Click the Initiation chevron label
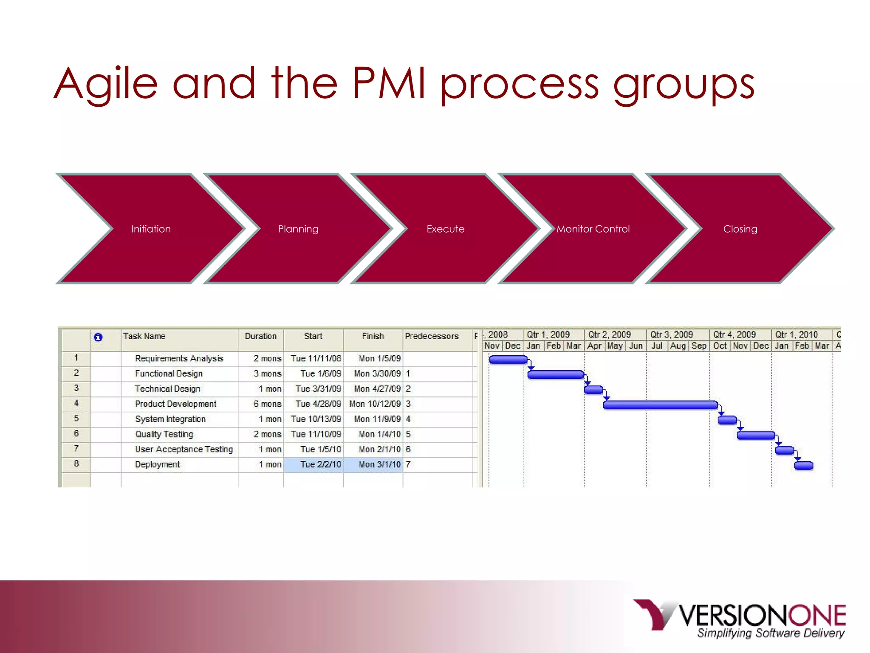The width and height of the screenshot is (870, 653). pos(151,229)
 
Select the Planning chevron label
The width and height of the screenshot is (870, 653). pos(298,229)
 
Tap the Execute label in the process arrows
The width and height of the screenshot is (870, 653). pos(445,229)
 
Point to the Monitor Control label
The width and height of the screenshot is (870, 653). pos(593,229)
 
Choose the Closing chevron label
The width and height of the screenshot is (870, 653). pos(740,229)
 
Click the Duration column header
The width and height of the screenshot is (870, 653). pos(260,336)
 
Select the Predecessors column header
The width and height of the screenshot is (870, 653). pos(432,336)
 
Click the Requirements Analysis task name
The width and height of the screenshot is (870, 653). pos(179,358)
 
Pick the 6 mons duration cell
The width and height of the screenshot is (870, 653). pos(267,404)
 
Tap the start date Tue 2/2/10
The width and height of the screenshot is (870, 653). pos(320,464)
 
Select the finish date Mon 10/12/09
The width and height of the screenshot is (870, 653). pos(375,404)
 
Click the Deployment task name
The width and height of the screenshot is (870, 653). pos(157,464)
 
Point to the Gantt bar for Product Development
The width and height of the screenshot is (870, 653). pos(660,405)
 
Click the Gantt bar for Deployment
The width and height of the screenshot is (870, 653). pos(803,466)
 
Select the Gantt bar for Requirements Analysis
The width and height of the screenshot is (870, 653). pos(508,360)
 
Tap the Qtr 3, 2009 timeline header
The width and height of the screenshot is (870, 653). pos(671,335)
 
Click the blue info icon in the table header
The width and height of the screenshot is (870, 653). pos(98,337)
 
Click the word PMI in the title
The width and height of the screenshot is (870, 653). pos(388,83)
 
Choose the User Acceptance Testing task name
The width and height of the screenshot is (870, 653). pos(184,449)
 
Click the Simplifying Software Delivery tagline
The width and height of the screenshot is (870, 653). pos(771,633)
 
